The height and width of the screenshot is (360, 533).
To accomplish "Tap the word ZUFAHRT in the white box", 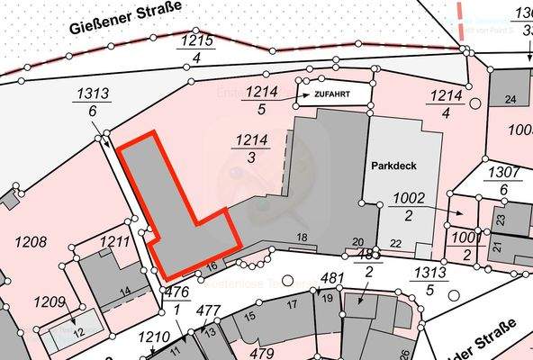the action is (331, 93).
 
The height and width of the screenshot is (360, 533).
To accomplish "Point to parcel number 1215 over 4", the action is (195, 49).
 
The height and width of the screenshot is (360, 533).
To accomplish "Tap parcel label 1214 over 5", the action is (262, 100).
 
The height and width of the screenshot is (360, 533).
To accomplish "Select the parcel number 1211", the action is (114, 241).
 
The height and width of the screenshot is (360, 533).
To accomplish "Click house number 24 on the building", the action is (510, 99).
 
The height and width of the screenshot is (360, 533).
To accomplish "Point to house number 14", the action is (125, 290).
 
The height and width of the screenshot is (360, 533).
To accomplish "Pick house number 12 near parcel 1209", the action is (79, 333).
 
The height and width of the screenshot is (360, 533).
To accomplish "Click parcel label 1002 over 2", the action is (409, 206).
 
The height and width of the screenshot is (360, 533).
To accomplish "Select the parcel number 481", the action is (333, 277).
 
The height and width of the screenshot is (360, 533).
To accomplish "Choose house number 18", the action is (303, 237).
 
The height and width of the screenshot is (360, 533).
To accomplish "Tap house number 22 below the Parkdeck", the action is (396, 243).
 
